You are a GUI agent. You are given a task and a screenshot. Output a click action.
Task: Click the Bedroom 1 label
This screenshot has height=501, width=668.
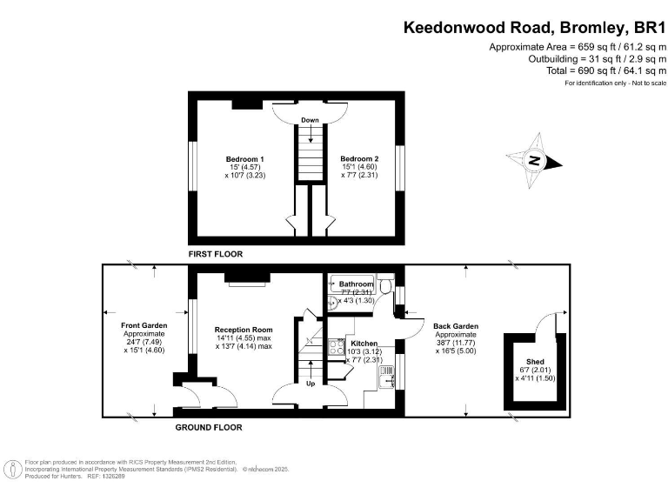(244, 159)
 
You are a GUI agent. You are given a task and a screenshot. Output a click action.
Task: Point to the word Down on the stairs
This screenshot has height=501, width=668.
(311, 120)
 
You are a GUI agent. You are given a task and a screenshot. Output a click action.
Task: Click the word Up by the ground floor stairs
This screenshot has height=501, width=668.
(311, 382)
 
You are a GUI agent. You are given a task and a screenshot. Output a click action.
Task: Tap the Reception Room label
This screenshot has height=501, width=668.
(244, 330)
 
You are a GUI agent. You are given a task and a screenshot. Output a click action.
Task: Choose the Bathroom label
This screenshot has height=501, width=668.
(356, 284)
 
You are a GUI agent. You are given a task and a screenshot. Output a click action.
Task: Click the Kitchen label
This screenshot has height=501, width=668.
(363, 344)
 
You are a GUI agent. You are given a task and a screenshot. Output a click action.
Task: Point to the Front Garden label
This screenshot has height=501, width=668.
(144, 325)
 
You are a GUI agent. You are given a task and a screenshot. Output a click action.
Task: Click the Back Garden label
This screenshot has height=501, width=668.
(456, 326)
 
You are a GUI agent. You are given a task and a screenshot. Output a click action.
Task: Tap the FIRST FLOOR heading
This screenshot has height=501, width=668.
(216, 254)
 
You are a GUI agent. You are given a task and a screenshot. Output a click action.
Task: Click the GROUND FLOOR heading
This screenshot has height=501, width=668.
(209, 427)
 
